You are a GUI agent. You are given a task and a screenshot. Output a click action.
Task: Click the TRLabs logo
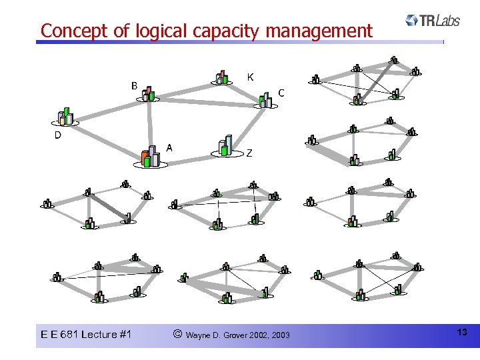(432, 21)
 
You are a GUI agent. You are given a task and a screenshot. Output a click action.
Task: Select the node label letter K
(250, 77)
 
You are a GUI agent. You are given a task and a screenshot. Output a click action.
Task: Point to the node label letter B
(134, 85)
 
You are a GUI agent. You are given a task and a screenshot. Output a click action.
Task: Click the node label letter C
(281, 93)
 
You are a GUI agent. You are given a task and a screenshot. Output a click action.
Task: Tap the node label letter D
(58, 135)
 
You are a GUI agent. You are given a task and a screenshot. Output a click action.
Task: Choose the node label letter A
(170, 147)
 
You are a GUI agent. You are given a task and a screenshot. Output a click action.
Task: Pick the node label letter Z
(249, 153)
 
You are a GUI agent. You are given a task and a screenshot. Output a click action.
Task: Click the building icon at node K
(222, 78)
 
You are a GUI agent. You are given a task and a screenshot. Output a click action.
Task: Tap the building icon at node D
(66, 117)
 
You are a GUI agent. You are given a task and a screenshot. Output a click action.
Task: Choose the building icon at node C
(265, 100)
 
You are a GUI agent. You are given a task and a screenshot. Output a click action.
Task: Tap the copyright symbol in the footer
(176, 333)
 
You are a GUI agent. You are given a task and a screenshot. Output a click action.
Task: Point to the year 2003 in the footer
(281, 335)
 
